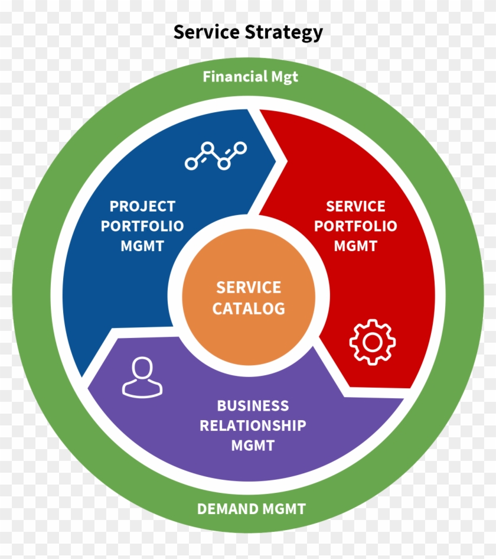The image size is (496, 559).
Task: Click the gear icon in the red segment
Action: point(372,342)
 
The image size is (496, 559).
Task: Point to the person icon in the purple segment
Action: point(142,377)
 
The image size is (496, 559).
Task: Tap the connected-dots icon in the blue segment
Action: point(216,155)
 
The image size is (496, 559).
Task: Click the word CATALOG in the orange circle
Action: point(249,308)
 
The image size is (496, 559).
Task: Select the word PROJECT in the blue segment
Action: point(142,206)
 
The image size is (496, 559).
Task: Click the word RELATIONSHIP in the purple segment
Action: point(253,425)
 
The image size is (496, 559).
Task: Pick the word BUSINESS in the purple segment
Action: point(253,406)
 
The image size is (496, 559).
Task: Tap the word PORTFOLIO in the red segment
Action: point(355,226)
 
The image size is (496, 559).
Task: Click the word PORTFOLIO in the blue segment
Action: point(142,226)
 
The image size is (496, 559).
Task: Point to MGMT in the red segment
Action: point(355,246)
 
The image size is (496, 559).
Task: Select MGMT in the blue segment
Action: point(142,246)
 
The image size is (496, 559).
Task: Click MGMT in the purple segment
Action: point(253,445)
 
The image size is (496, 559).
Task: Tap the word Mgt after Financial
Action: point(285,77)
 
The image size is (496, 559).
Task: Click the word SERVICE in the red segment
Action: point(355,206)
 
